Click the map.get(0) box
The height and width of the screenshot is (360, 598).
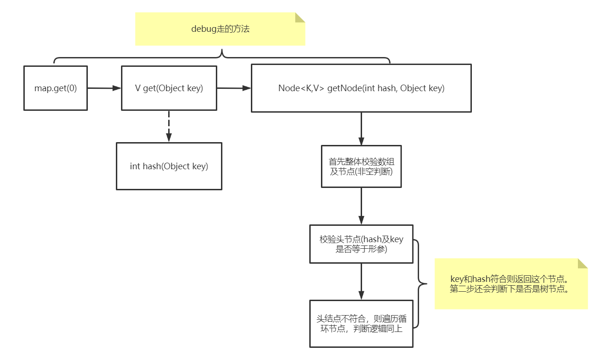(x=55, y=88)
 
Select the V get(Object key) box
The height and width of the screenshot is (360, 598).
(x=169, y=88)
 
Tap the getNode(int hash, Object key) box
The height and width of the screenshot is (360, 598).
(x=361, y=88)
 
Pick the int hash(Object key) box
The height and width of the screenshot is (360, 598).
(x=169, y=166)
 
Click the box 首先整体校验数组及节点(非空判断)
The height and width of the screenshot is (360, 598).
(x=361, y=166)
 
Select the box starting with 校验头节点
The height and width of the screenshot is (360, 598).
(x=361, y=244)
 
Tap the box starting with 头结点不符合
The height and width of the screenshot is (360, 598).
(x=361, y=324)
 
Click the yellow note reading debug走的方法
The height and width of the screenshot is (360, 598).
(x=220, y=29)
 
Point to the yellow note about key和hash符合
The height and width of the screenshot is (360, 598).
(x=511, y=284)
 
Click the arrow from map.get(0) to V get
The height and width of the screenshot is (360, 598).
(x=104, y=87)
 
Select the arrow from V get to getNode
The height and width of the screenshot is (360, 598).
(x=234, y=87)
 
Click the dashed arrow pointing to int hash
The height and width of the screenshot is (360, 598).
(x=169, y=126)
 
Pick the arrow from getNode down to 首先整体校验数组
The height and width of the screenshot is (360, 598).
(x=361, y=129)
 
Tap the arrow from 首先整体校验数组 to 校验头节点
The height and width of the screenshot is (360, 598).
(x=361, y=206)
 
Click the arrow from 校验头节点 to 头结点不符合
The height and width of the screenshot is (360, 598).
(x=361, y=281)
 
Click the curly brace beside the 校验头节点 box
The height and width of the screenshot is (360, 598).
(x=420, y=283)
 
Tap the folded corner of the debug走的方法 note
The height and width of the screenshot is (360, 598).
(x=299, y=17)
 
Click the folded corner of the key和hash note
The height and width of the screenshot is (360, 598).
(x=582, y=263)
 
